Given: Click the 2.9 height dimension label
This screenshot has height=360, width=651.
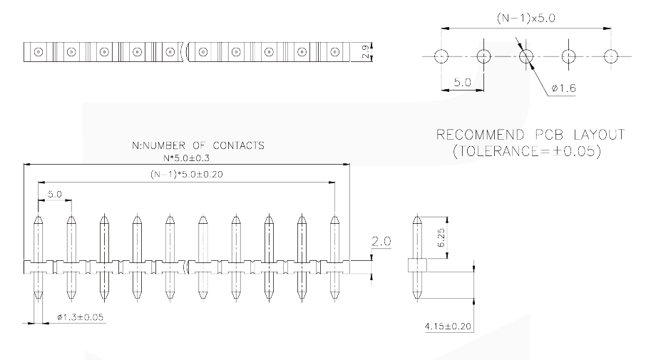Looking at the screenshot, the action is pyautogui.click(x=365, y=52).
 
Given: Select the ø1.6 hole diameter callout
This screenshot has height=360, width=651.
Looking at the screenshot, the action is pyautogui.click(x=563, y=88).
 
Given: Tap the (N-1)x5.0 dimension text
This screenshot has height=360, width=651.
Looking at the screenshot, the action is pyautogui.click(x=526, y=19).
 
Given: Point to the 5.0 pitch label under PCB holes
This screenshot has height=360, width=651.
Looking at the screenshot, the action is pyautogui.click(x=462, y=82).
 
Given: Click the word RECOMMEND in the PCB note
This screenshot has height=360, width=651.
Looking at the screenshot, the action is pyautogui.click(x=481, y=135).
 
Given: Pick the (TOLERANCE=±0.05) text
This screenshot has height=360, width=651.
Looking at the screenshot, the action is pyautogui.click(x=527, y=150).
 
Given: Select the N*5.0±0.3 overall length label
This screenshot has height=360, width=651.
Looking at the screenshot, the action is pyautogui.click(x=186, y=158).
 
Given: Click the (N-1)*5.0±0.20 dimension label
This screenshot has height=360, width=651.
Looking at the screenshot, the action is pyautogui.click(x=186, y=175).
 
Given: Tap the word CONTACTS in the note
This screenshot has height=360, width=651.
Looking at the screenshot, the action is pyautogui.click(x=238, y=145).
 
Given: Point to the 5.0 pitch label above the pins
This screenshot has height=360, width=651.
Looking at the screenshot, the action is pyautogui.click(x=54, y=194).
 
